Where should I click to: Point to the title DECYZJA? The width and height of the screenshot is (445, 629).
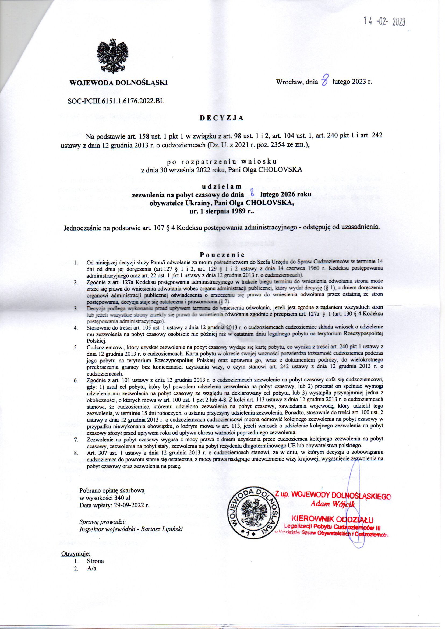tap(221, 118)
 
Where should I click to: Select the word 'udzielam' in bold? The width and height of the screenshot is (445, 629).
tap(221, 187)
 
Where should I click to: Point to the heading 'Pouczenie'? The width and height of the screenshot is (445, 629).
tap(221, 254)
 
